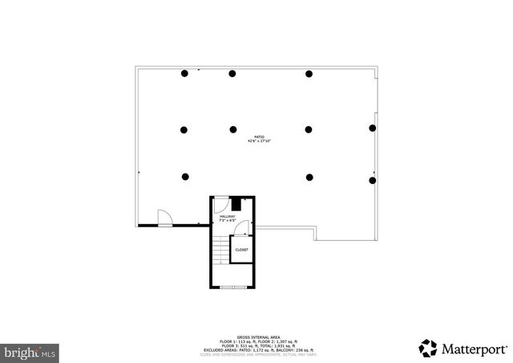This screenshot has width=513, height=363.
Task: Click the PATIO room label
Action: (257, 137)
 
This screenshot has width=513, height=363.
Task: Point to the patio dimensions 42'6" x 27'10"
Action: (257, 141)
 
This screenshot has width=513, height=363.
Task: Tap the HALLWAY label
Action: (228, 216)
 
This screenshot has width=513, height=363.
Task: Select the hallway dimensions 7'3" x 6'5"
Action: (228, 221)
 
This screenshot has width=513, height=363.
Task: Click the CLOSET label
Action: (241, 250)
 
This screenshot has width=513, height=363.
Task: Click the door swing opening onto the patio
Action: (164, 218)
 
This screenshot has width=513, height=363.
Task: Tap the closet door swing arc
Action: (248, 229)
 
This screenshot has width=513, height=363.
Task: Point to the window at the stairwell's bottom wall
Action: (233, 287)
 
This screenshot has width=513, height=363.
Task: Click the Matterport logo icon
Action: (427, 349)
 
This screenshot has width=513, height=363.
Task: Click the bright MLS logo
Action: (31, 352)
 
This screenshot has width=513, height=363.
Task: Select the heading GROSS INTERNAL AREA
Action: (256, 338)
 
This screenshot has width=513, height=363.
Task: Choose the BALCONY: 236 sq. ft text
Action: (289, 351)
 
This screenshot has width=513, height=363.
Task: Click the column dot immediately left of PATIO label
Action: (232, 128)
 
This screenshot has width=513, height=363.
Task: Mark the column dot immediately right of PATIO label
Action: (309, 128)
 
